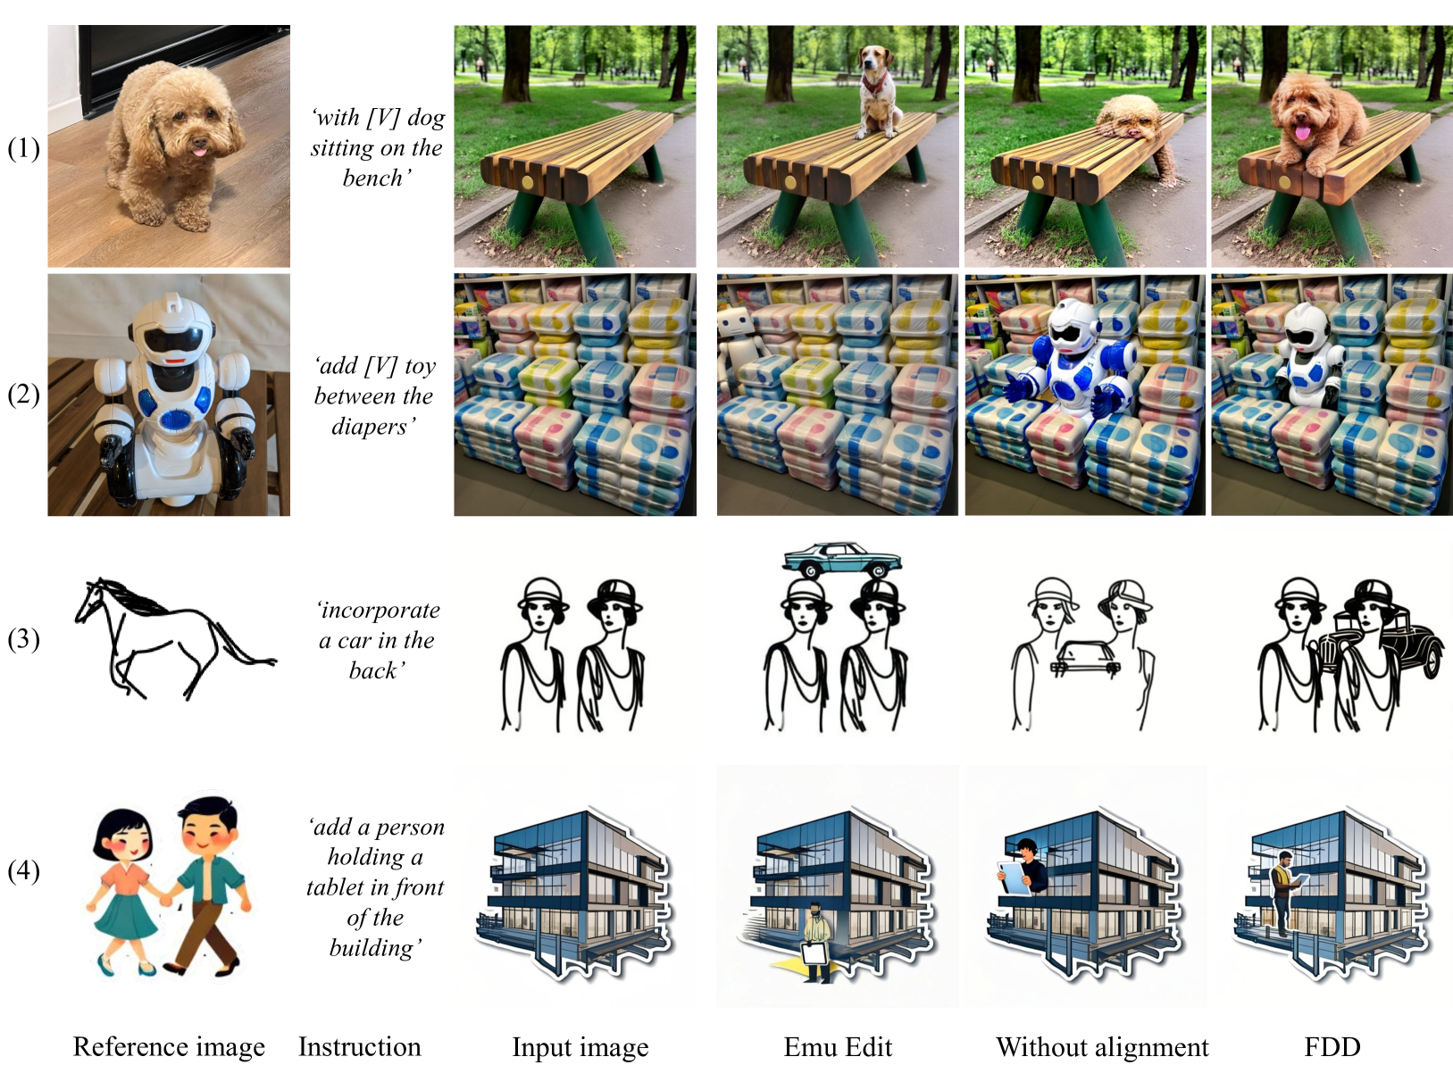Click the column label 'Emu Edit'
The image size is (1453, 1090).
838,1047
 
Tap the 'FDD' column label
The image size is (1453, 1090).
1332,1047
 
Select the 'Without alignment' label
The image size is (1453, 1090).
1102,1047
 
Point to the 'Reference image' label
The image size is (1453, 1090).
169,1047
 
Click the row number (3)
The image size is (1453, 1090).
24,639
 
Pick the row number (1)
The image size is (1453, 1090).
24,148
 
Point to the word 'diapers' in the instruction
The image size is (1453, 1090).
370,427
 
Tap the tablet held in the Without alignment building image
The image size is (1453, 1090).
1015,877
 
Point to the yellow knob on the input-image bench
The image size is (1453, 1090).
528,182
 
